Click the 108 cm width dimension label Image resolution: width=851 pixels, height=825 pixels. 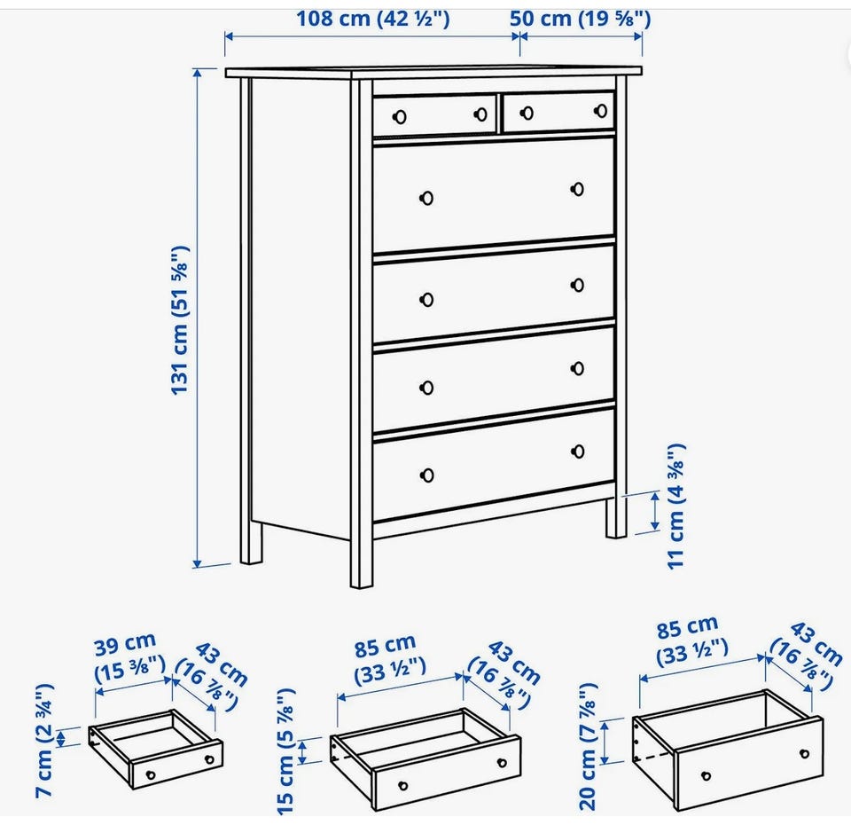click(x=373, y=19)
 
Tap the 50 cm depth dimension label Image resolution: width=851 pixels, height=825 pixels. click(x=580, y=19)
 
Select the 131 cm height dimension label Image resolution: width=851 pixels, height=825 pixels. click(x=180, y=321)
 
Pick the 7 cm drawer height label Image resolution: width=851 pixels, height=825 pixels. click(x=44, y=741)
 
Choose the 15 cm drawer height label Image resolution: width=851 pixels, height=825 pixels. click(x=285, y=751)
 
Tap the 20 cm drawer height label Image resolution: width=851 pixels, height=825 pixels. click(x=588, y=747)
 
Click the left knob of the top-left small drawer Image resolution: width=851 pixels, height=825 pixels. click(x=400, y=117)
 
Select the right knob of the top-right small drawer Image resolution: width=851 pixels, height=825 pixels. click(x=601, y=111)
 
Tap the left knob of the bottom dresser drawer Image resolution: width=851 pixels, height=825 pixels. click(x=427, y=475)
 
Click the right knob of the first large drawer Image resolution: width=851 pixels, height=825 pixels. click(x=577, y=189)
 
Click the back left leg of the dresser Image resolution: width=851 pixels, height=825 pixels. click(x=251, y=542)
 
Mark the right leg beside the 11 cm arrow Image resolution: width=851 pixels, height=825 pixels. click(x=616, y=517)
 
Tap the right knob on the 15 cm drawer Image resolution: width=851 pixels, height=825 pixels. click(x=502, y=763)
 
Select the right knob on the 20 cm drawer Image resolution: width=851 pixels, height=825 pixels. click(x=804, y=754)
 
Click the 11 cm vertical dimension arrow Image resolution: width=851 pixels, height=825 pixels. click(x=655, y=511)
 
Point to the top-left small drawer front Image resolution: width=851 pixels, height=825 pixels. click(x=434, y=115)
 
